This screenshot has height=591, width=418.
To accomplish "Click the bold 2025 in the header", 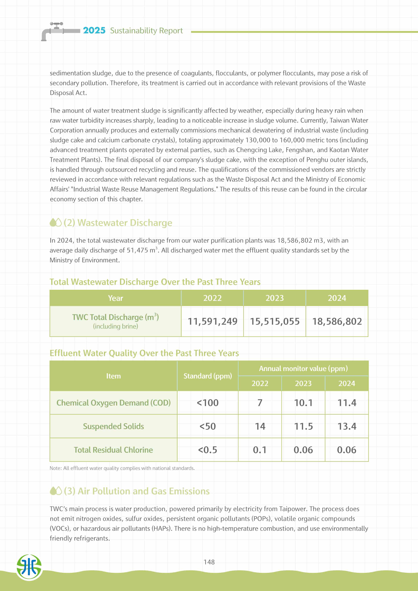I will point(94,30).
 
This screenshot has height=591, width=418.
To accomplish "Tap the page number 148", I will point(209,562).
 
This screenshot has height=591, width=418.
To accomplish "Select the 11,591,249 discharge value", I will point(212,321).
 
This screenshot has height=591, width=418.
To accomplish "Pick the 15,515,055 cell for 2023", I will point(275,321).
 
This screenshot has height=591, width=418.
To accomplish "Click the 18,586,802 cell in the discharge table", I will point(337,321).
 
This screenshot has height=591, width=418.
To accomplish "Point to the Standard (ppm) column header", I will point(208,376).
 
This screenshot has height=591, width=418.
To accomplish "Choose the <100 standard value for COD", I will point(208,403).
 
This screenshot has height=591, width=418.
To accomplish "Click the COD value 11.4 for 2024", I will point(347,403).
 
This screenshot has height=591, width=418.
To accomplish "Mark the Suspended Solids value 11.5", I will point(303,426).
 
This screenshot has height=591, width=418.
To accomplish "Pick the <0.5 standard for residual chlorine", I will point(208,450).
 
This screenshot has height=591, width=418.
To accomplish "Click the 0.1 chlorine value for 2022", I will point(260,450).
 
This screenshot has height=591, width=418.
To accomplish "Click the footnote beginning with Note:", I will point(122,468).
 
